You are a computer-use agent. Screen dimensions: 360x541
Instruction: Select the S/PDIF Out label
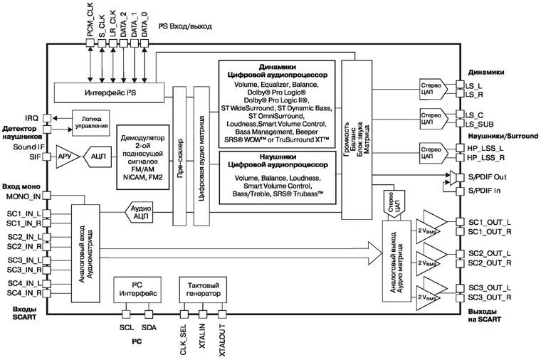[x=486, y=176]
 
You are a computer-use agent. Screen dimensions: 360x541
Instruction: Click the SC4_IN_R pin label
[x=25, y=292]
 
